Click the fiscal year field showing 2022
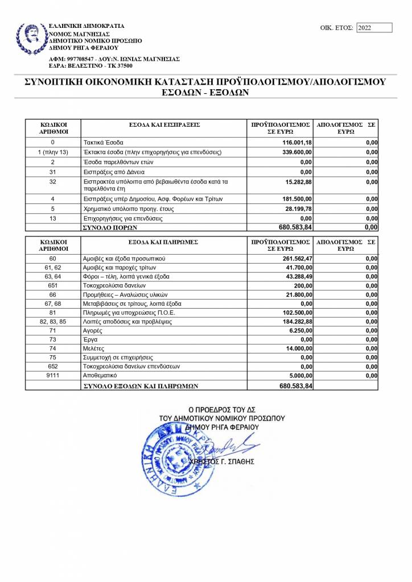(x=374, y=27)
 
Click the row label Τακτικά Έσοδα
(x=103, y=142)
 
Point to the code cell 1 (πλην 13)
(x=53, y=152)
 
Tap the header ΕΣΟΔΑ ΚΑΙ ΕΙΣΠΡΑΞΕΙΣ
(x=164, y=124)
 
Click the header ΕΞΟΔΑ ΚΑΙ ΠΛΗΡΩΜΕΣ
(x=164, y=242)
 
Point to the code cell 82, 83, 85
(x=53, y=321)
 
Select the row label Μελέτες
(x=94, y=348)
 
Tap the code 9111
(x=53, y=376)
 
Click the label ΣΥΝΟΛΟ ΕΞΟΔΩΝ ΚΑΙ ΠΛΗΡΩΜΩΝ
(x=140, y=385)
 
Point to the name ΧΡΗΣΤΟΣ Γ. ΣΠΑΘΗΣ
(x=225, y=462)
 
